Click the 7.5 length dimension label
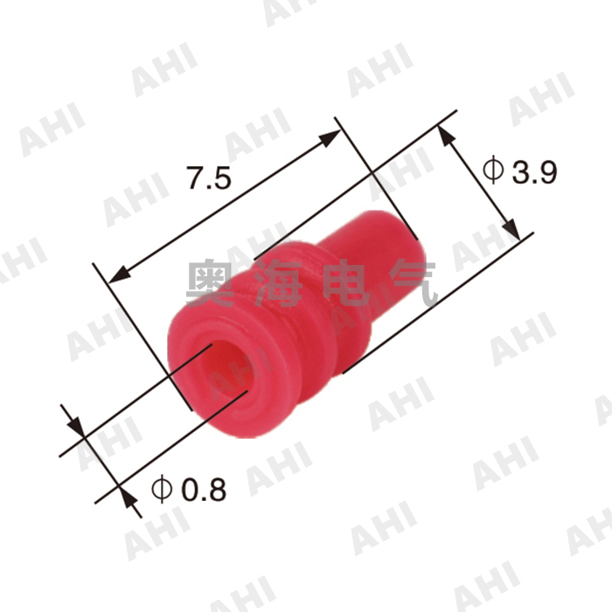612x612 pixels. pos(209,178)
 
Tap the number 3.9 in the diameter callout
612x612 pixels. pos(534,171)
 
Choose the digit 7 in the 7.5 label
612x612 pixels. pos(196,178)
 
